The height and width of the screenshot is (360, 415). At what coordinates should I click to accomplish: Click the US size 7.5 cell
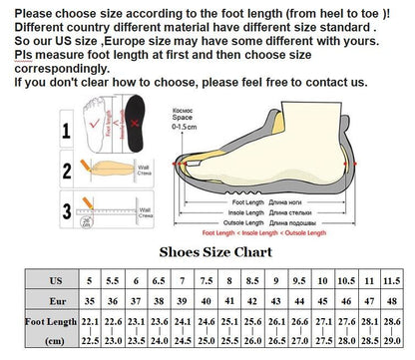(x=206, y=282)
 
